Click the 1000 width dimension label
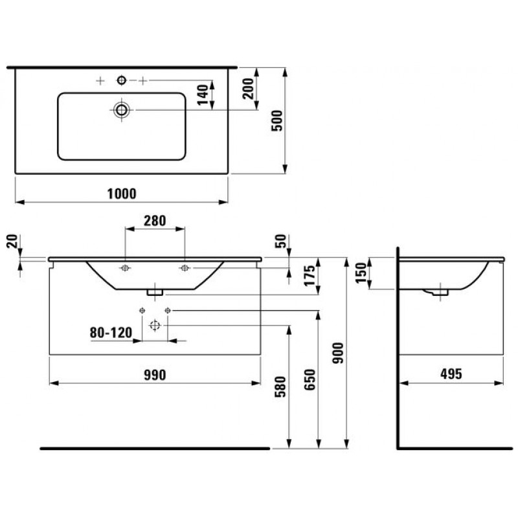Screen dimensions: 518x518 (x=122, y=194)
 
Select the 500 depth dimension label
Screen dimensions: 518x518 (x=277, y=120)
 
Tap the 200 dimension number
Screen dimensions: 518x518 (x=248, y=89)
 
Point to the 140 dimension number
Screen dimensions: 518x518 (x=203, y=95)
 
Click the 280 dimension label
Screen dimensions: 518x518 (x=155, y=221)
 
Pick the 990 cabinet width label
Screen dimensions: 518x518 (x=155, y=375)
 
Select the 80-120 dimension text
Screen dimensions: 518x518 (x=111, y=332)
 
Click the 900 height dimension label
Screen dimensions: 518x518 (x=338, y=353)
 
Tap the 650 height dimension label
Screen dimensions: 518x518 (x=310, y=379)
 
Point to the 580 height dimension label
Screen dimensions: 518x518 (x=280, y=387)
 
